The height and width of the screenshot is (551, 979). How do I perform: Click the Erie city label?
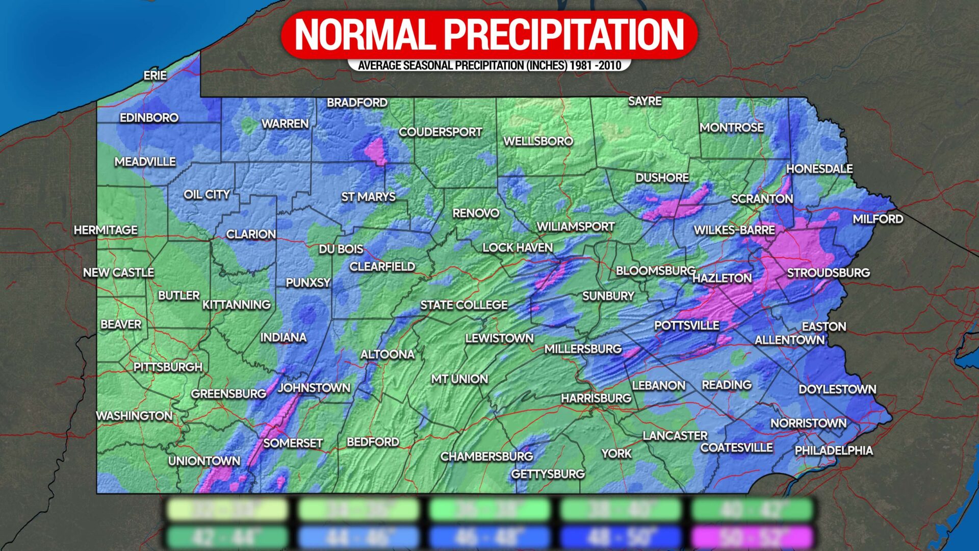(x=155, y=76)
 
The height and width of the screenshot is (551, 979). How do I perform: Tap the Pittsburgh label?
(x=168, y=367)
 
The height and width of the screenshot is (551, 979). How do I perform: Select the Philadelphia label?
(x=834, y=450)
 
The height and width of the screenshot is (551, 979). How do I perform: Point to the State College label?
(x=463, y=305)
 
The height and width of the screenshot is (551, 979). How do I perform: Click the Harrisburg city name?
(x=596, y=398)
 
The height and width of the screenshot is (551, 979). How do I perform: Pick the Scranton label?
(x=762, y=199)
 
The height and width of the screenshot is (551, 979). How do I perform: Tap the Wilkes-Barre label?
(x=734, y=230)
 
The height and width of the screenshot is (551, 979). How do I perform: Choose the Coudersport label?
(x=440, y=132)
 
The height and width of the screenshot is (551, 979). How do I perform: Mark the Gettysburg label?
(x=548, y=474)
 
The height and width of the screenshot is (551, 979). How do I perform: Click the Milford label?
(x=878, y=219)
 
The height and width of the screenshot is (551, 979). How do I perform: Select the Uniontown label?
(x=204, y=461)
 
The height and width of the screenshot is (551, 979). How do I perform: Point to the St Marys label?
(x=368, y=196)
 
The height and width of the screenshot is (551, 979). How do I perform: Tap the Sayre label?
(x=645, y=101)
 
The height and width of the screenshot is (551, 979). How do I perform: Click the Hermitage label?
(x=106, y=230)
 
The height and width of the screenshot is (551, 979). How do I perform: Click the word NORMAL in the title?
(x=364, y=35)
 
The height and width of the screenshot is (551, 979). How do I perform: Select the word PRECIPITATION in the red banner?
(x=563, y=35)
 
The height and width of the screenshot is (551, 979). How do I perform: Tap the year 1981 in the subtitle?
(x=581, y=65)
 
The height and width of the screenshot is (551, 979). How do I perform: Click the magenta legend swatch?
(x=752, y=537)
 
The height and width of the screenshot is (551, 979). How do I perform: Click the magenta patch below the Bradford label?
(x=376, y=151)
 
